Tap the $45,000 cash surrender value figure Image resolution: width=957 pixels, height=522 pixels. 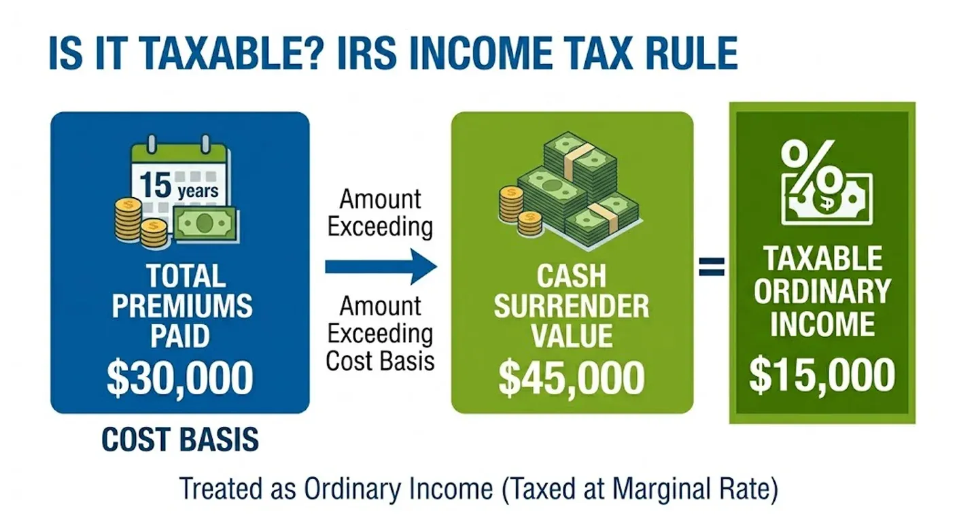point(572,378)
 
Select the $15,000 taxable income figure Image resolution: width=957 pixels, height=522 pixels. point(822,375)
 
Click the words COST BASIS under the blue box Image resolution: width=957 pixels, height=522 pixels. point(180,440)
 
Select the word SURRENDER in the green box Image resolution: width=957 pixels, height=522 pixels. point(571,307)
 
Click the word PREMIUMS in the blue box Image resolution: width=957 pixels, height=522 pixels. point(182,307)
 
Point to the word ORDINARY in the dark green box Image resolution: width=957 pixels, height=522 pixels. point(822,291)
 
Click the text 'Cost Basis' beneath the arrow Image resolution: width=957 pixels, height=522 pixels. point(380,360)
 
